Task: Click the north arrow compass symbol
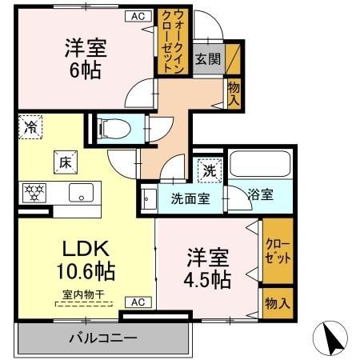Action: click(334, 338)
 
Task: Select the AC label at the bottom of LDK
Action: click(137, 302)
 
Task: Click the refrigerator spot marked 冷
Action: click(30, 126)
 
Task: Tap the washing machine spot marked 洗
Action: click(209, 170)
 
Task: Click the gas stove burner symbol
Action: click(36, 193)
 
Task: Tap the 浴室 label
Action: click(260, 194)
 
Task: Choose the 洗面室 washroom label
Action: click(189, 198)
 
